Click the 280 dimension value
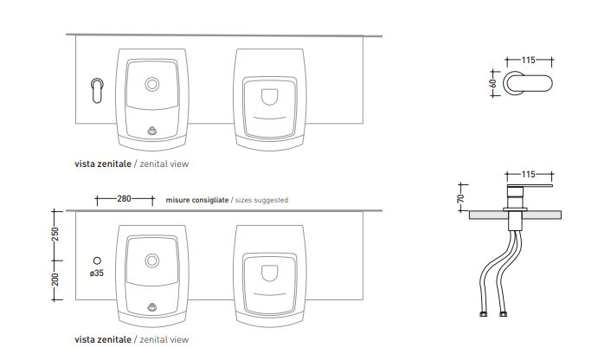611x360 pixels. pos(124,199)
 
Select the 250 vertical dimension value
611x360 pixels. pos(55,235)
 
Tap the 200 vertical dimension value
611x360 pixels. pos(55,280)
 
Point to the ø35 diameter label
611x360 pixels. pos(97,273)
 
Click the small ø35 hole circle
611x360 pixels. pos(98,260)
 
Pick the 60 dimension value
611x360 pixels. pos(493,83)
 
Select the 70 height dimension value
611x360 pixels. pos(461,199)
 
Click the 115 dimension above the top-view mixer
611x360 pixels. pos(529,60)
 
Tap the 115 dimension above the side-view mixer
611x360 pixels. pos(529,174)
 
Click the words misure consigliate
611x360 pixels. pos(197,200)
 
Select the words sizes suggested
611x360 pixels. pos(262,200)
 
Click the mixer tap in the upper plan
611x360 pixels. pos(97,90)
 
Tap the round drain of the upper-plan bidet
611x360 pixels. pos(152,84)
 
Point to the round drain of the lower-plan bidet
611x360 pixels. pos(152,260)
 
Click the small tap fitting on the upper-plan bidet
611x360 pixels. pos(152,131)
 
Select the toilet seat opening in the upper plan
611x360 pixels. pos(270,97)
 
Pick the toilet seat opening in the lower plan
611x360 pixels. pos(270,273)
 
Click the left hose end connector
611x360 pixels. pos(483,314)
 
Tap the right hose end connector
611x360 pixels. pos(503,314)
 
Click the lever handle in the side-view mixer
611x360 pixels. pos(530,186)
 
